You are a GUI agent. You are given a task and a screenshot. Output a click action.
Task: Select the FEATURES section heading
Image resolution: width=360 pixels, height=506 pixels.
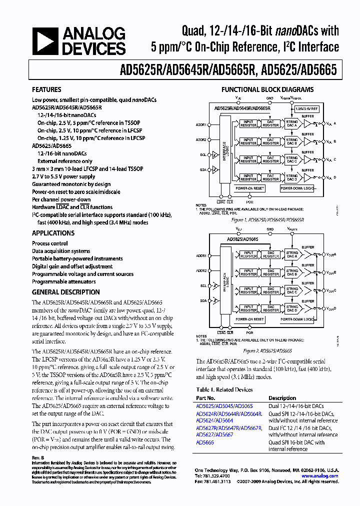click(46, 90)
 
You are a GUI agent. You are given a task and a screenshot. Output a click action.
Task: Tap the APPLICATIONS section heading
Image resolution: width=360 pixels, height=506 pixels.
click(53, 233)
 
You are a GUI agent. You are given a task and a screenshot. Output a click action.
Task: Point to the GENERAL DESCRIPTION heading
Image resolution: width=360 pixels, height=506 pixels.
click(65, 292)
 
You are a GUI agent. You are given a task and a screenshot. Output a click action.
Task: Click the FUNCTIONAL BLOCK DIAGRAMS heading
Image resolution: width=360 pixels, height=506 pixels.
click(267, 90)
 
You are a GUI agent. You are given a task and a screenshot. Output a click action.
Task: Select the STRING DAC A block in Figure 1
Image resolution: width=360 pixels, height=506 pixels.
click(291, 123)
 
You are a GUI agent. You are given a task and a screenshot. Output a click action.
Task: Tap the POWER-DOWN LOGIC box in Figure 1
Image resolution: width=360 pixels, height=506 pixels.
click(297, 188)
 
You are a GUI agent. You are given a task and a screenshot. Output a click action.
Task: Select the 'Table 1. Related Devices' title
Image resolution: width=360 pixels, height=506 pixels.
click(224, 389)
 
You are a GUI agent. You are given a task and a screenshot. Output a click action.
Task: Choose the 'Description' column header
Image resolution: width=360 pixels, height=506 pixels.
click(282, 398)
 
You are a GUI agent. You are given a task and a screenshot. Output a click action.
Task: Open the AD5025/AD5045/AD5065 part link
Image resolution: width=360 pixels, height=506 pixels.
click(224, 406)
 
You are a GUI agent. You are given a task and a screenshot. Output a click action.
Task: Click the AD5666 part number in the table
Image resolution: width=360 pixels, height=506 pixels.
click(205, 442)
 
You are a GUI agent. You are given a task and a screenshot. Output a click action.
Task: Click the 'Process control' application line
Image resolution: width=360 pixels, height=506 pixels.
click(50, 243)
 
